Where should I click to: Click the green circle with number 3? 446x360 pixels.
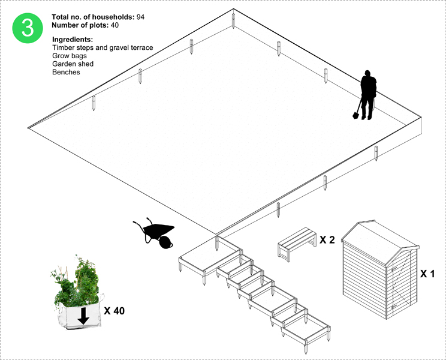(28, 28)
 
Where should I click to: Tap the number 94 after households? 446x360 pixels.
(140, 17)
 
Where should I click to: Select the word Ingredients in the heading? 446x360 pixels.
(73, 40)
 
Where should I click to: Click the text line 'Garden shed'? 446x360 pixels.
(73, 64)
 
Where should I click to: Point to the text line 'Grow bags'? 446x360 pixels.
(70, 56)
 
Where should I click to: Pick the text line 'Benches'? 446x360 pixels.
(66, 72)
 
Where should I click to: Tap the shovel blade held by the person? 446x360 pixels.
(355, 115)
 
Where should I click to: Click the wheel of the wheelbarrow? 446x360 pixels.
(165, 242)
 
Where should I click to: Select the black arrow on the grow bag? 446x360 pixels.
(83, 316)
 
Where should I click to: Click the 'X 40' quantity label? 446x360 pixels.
(114, 311)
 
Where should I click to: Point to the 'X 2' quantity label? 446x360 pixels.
(327, 240)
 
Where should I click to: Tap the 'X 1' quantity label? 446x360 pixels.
(427, 274)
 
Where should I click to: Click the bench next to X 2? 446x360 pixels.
(297, 244)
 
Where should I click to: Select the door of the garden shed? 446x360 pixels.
(402, 284)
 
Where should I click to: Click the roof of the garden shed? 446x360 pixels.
(378, 242)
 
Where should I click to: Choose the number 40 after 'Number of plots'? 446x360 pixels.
(114, 25)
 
